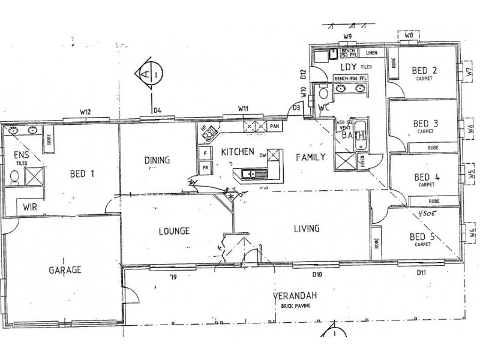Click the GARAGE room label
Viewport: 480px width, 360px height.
tap(64, 270)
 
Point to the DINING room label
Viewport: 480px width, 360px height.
tap(157, 160)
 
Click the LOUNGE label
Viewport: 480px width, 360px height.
tap(175, 230)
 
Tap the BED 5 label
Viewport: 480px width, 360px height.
tap(422, 236)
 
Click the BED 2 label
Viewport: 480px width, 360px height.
tap(424, 70)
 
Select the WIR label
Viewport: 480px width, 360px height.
tap(31, 206)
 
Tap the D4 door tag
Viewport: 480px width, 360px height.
tap(158, 110)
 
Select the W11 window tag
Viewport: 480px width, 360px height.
tap(243, 109)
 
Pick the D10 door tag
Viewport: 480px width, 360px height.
tap(317, 275)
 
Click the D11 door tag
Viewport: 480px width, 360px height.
tap(422, 274)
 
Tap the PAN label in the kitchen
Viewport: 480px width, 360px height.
tap(275, 127)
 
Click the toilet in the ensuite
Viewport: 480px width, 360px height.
tap(14, 176)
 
